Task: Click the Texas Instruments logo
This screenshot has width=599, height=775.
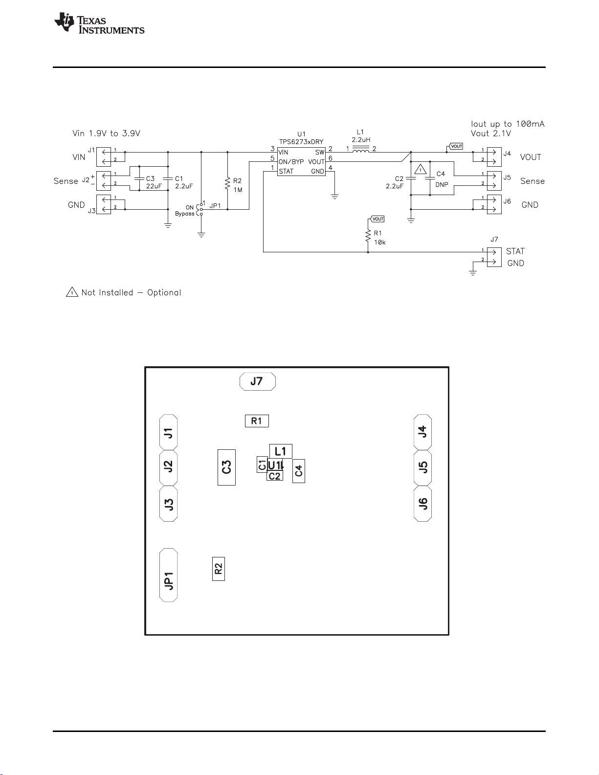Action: click(x=99, y=23)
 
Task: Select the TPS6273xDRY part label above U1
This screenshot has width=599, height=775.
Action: click(x=301, y=142)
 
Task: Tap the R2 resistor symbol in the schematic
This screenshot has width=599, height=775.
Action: click(x=227, y=184)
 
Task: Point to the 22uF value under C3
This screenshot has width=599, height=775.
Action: click(x=154, y=186)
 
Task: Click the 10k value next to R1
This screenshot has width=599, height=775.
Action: click(x=380, y=243)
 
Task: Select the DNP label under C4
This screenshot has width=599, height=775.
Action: click(x=442, y=185)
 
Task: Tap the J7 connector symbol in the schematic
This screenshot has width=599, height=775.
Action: click(x=494, y=257)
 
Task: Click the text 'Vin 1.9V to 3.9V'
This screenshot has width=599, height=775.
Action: click(x=106, y=133)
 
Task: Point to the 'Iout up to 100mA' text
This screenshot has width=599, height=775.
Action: click(x=508, y=124)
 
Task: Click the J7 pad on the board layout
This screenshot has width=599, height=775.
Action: click(x=257, y=381)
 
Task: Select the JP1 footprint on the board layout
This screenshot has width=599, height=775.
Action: click(x=168, y=575)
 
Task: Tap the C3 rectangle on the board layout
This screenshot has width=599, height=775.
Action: click(x=226, y=467)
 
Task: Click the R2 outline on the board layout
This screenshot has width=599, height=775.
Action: click(x=219, y=569)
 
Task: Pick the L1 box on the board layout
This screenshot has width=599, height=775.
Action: click(x=281, y=451)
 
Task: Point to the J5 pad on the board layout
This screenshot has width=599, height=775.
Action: click(x=422, y=467)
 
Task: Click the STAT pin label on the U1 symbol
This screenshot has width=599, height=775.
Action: click(x=286, y=172)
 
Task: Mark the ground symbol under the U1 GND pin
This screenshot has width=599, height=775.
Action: click(x=334, y=197)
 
